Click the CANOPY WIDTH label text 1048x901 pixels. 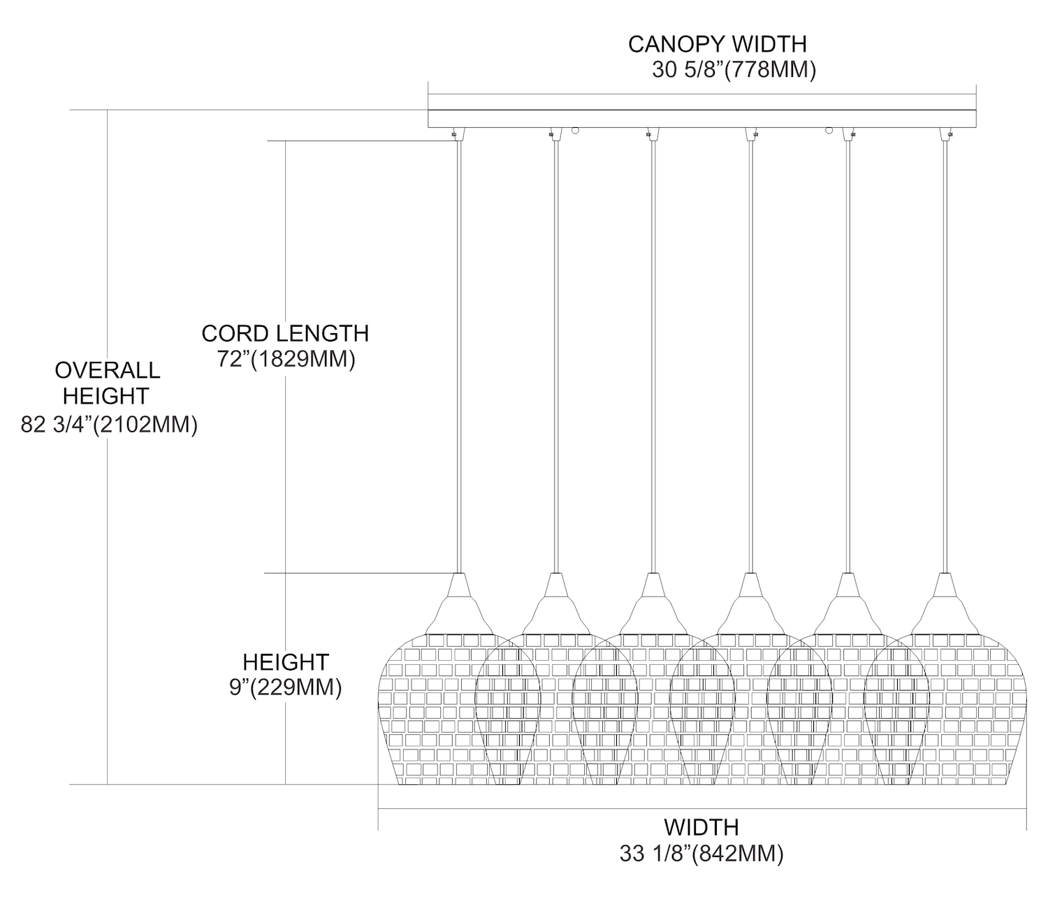pos(717,44)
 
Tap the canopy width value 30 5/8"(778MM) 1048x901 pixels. pos(734,71)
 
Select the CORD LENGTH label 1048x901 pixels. pos(285,333)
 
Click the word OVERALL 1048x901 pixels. pos(107,369)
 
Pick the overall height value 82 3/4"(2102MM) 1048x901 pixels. pos(109,425)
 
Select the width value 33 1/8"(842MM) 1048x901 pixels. pos(701,854)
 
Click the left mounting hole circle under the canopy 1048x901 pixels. pos(575,131)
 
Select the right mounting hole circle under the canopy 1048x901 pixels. pos(829,131)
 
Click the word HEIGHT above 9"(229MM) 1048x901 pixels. pos(285,661)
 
